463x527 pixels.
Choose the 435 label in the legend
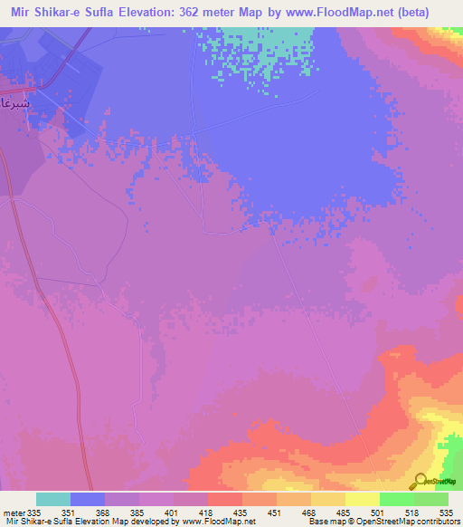[242, 512]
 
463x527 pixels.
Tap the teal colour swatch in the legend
[53, 499]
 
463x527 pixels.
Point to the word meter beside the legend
[13, 512]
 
